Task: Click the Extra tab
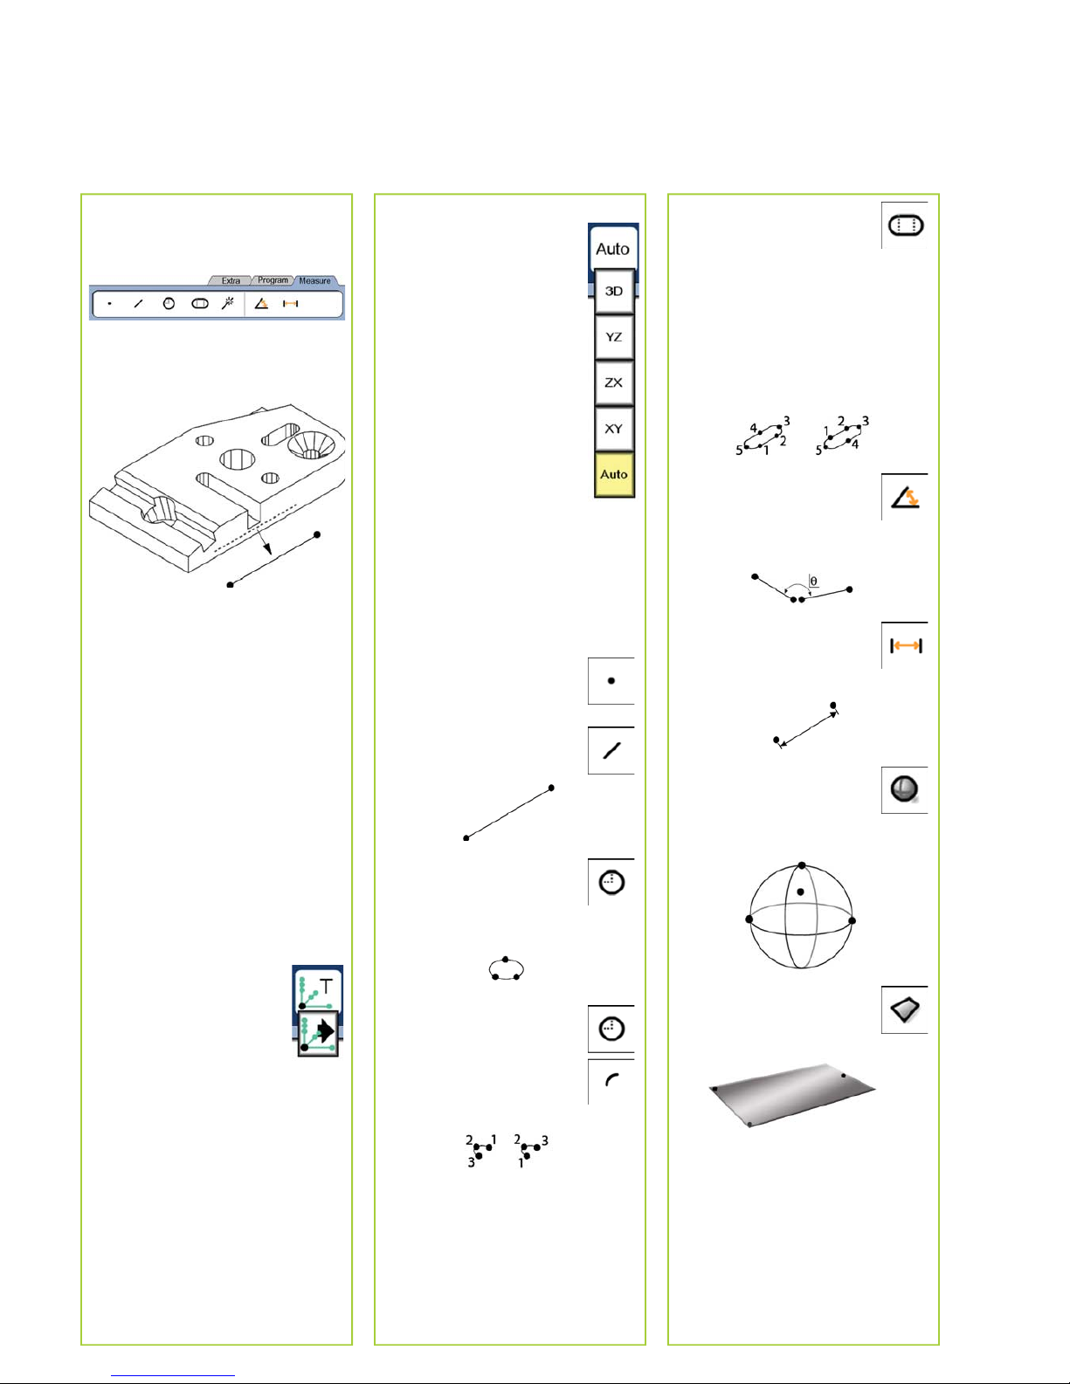231,280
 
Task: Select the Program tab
273,280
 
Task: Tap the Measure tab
314,280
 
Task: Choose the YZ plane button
614,337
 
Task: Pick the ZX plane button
614,382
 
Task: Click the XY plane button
614,429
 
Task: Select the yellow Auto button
614,474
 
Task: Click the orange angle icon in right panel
904,497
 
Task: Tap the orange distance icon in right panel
906,646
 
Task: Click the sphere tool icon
904,789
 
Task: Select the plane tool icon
905,1009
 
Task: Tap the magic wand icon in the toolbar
227,303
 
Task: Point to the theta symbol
813,581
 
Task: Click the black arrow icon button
318,1032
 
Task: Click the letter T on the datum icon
326,987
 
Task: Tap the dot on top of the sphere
802,865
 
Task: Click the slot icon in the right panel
905,225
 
